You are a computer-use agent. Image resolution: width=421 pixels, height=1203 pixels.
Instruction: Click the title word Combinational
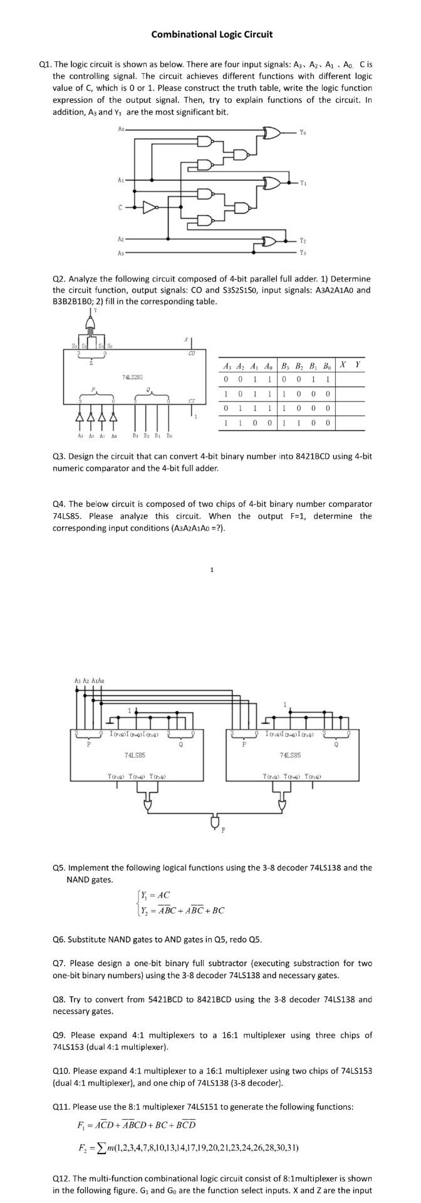181,34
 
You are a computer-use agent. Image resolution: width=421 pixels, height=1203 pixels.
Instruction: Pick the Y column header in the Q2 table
356,365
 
